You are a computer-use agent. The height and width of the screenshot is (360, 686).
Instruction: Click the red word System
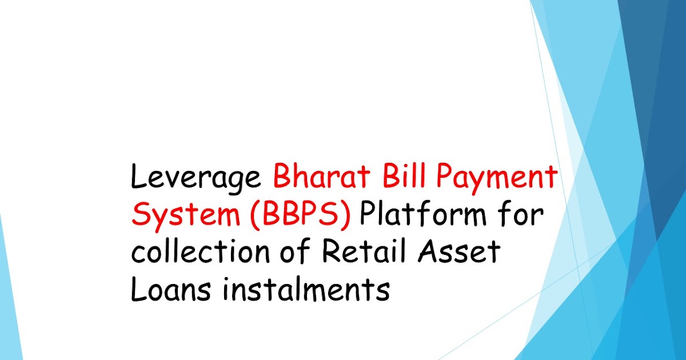click(180, 216)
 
